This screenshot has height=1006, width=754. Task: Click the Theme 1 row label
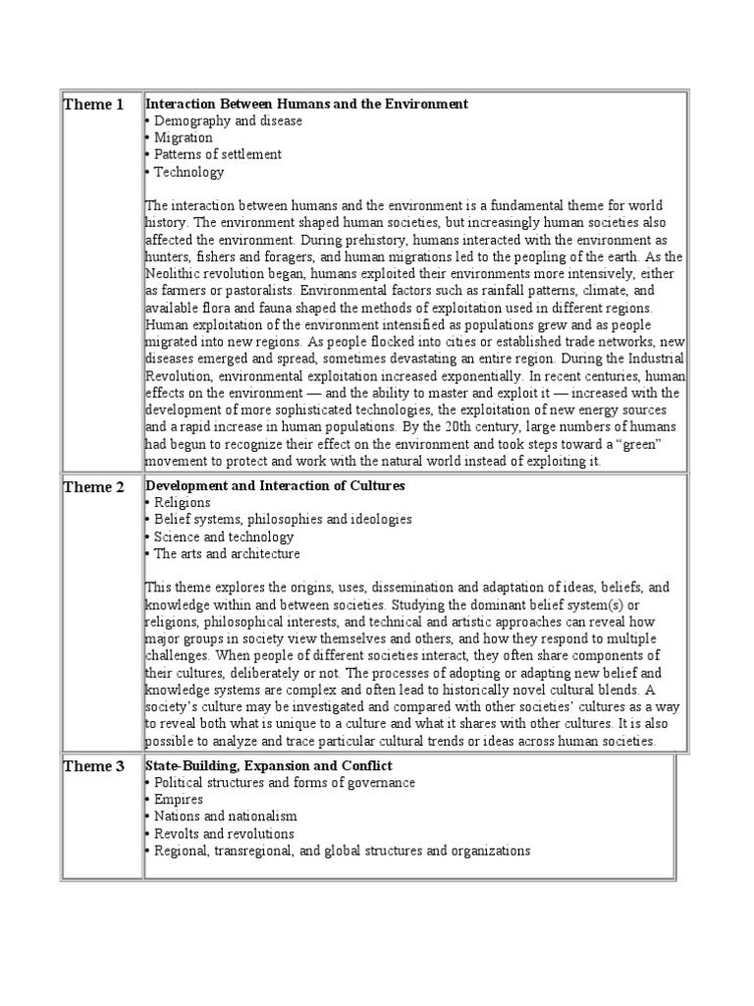(94, 105)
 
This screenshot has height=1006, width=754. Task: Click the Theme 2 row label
(94, 487)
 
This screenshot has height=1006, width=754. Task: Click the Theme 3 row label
(94, 766)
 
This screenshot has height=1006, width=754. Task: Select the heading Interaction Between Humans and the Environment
(306, 103)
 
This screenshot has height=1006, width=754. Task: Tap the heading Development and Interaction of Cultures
(275, 485)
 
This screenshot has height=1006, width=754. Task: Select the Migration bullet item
(183, 138)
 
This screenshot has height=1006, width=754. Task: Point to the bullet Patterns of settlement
(217, 154)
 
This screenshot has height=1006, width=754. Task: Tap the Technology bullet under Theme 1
(188, 172)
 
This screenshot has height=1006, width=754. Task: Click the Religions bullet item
(182, 502)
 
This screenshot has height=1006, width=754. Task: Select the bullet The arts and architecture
(227, 553)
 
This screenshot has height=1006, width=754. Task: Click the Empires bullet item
(179, 800)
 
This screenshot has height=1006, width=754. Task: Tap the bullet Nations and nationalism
(225, 816)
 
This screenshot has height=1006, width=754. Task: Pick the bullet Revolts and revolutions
(224, 833)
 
